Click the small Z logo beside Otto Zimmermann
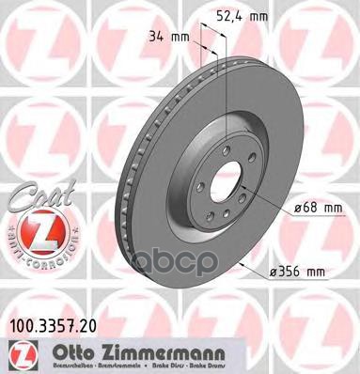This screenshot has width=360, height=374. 18,351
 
